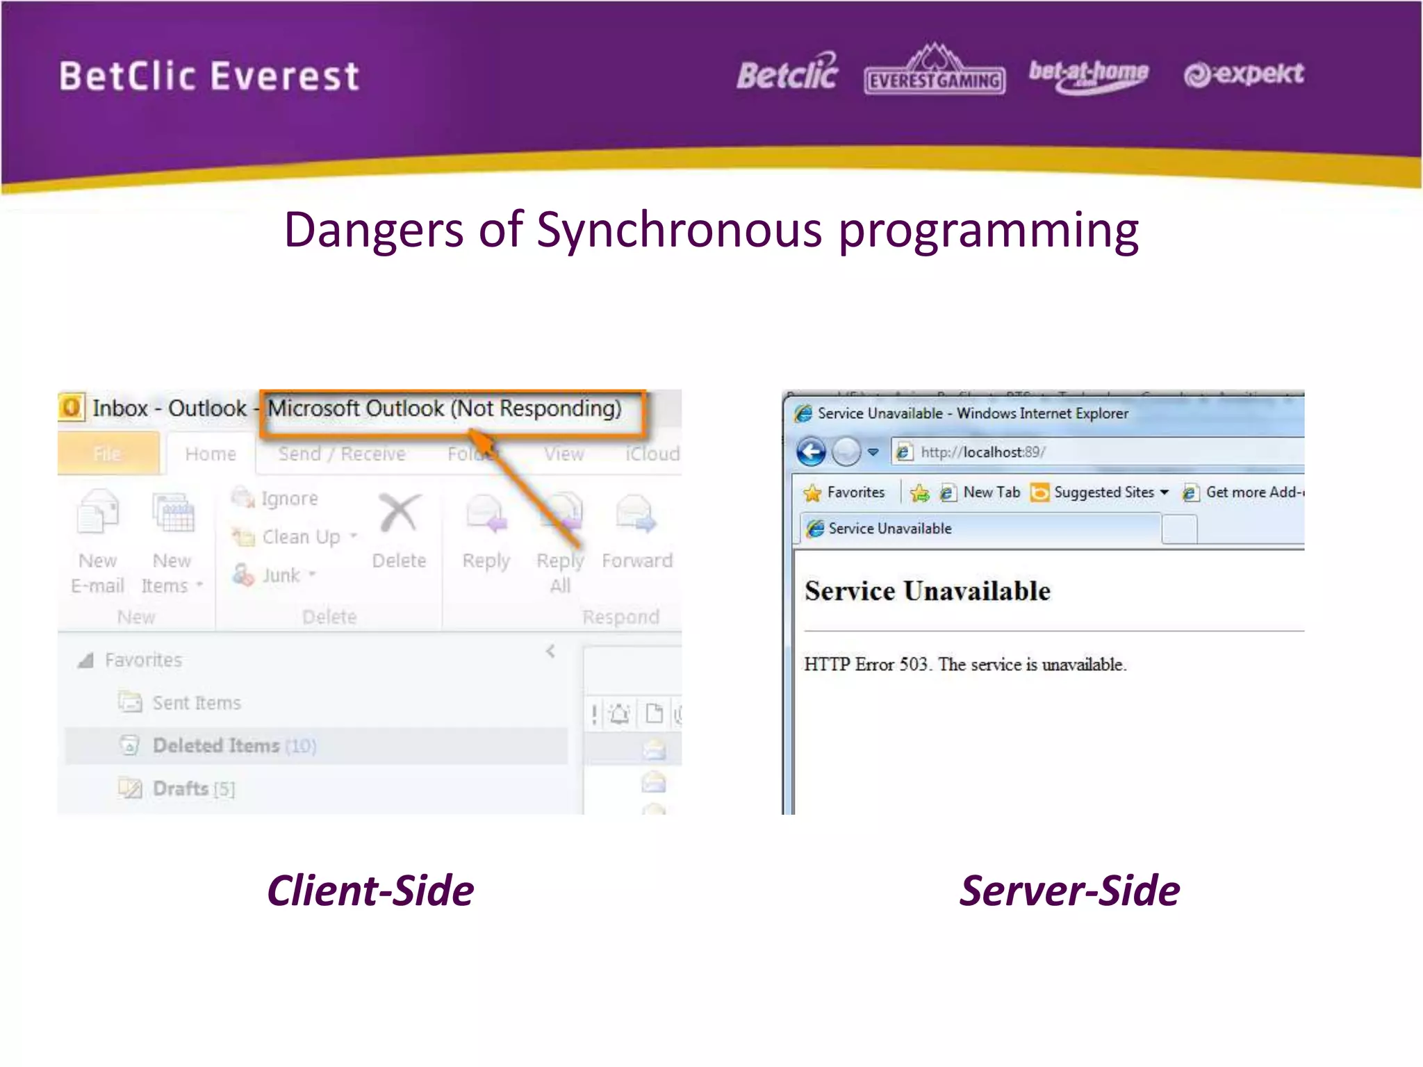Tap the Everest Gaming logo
click(x=935, y=72)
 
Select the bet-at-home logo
click(x=1088, y=74)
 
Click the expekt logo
click(x=1244, y=74)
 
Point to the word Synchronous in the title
click(x=679, y=230)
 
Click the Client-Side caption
click(x=370, y=891)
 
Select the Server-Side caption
click(x=1069, y=891)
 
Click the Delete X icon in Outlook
click(x=399, y=514)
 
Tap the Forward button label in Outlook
click(x=637, y=561)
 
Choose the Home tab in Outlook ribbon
click(x=211, y=454)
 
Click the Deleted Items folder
click(x=217, y=745)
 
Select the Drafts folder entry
click(x=181, y=788)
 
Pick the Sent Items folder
click(x=197, y=703)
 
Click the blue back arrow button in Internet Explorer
click(x=811, y=452)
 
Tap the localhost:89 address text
click(x=982, y=452)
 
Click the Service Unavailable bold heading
click(x=928, y=591)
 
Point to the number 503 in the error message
click(x=914, y=665)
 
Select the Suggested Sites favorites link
click(x=1103, y=493)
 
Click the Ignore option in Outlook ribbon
click(x=289, y=499)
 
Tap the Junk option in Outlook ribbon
click(x=281, y=575)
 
